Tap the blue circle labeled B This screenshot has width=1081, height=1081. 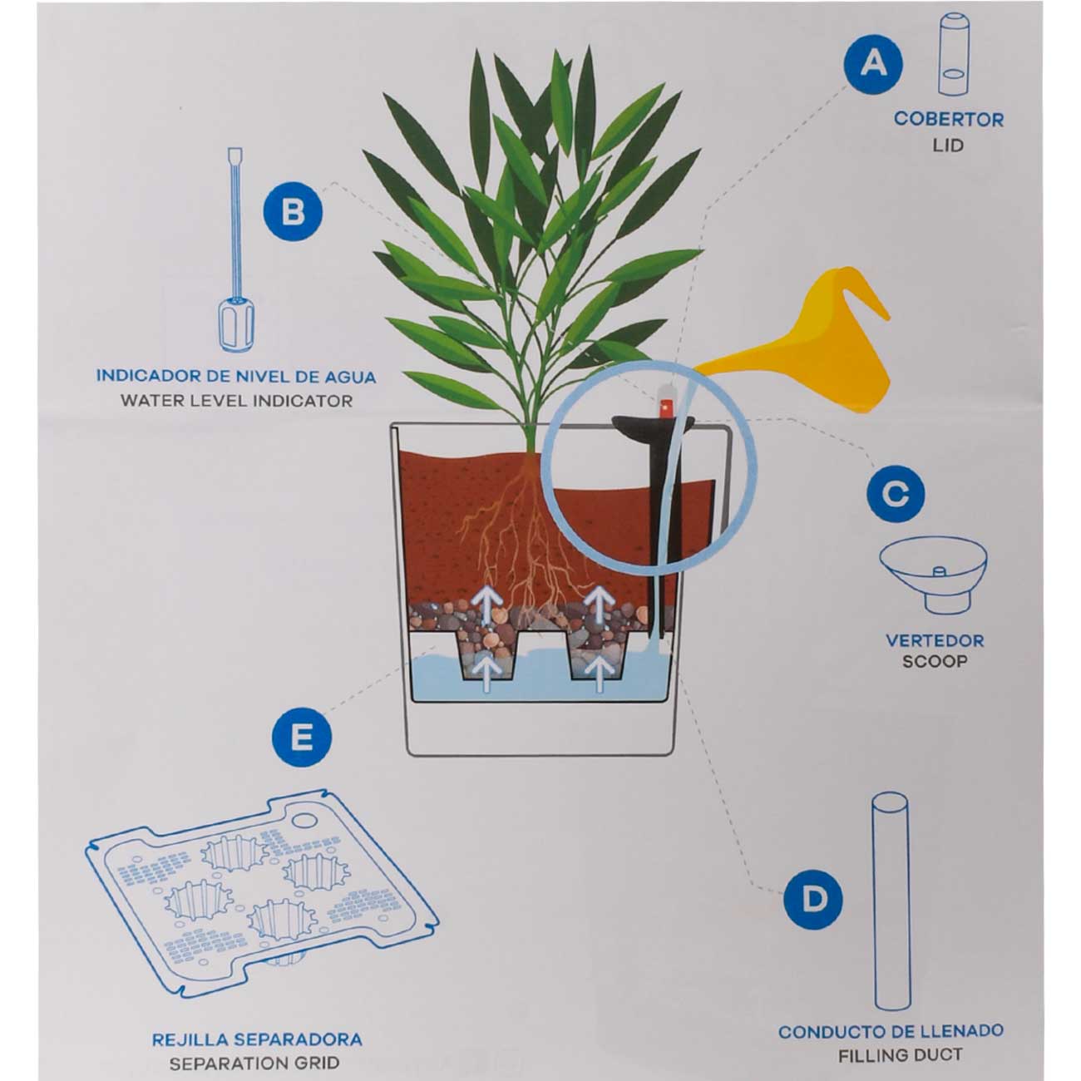coord(293,212)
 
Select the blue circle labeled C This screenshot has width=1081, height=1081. coord(896,493)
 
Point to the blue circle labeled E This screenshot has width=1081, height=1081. coord(302,738)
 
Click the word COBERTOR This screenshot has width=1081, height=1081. coord(949,119)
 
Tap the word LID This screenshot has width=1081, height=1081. coord(948,146)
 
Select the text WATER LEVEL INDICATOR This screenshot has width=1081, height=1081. coord(237,401)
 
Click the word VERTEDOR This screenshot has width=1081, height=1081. coord(935,640)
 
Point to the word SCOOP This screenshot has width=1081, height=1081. coord(935,661)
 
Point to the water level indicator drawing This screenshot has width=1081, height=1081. coord(236,250)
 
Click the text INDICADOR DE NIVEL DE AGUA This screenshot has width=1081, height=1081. coord(236,376)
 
